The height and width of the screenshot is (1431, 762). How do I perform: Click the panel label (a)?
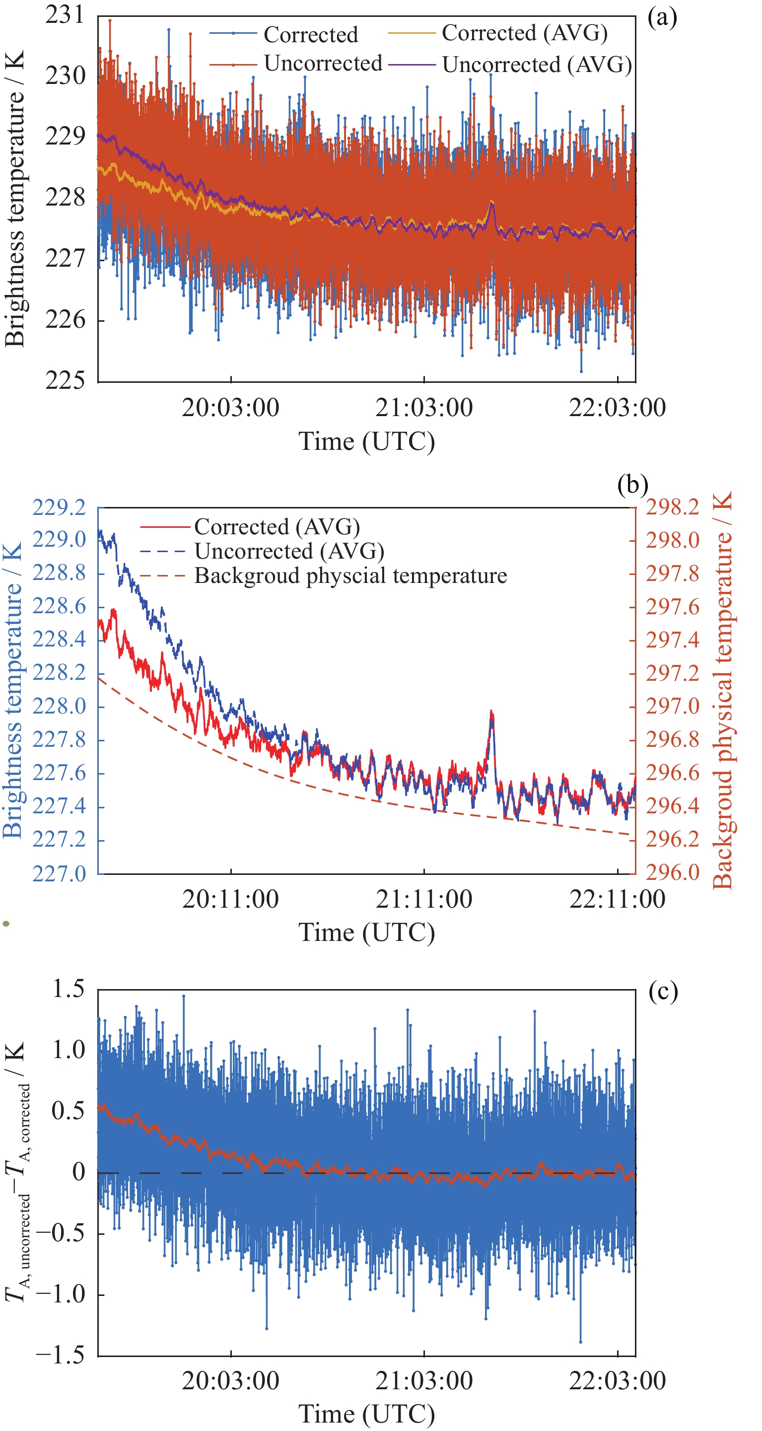pyautogui.click(x=662, y=18)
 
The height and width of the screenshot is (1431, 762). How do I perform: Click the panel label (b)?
pyautogui.click(x=632, y=485)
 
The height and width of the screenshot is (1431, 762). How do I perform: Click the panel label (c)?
pyautogui.click(x=663, y=992)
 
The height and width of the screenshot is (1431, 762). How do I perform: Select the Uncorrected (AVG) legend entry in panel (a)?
pyautogui.click(x=537, y=65)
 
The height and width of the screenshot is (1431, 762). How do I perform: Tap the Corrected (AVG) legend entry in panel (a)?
pyautogui.click(x=524, y=33)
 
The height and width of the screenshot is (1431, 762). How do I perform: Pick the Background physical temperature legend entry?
pyautogui.click(x=350, y=575)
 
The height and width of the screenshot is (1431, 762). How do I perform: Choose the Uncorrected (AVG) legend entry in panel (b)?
pyautogui.click(x=289, y=551)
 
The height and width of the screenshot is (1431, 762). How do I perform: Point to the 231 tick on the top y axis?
pyautogui.click(x=65, y=15)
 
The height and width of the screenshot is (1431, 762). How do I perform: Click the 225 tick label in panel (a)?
pyautogui.click(x=65, y=380)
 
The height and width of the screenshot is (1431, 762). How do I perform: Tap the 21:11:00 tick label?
pyautogui.click(x=424, y=899)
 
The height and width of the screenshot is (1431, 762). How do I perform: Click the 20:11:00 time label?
pyautogui.click(x=230, y=899)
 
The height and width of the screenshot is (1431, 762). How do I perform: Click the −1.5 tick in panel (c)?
pyautogui.click(x=60, y=1356)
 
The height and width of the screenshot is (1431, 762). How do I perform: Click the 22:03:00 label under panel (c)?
pyautogui.click(x=617, y=1381)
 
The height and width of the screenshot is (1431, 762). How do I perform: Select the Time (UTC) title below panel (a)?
pyautogui.click(x=366, y=441)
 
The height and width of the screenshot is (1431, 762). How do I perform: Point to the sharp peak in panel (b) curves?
pyautogui.click(x=491, y=712)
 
